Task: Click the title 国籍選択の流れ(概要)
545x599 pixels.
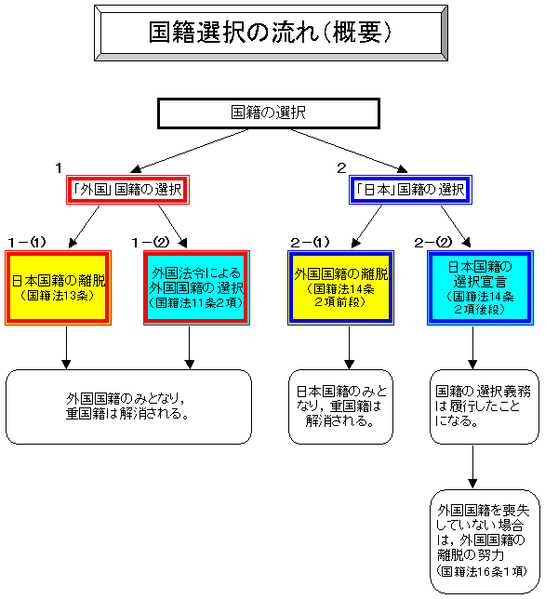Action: [x=271, y=33]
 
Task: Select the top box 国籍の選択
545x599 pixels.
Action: [x=269, y=113]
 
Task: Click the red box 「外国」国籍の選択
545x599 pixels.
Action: [x=127, y=190]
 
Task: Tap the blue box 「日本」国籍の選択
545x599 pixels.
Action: [x=410, y=190]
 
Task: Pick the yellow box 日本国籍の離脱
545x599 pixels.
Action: [x=58, y=288]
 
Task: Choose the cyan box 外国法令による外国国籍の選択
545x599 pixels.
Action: [x=196, y=288]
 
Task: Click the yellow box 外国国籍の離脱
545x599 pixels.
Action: [x=340, y=288]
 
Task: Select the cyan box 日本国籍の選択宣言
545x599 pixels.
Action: [x=480, y=288]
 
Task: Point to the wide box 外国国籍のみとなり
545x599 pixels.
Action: [x=128, y=406]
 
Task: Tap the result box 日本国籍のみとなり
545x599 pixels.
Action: [x=340, y=406]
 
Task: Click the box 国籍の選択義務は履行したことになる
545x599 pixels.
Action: [x=485, y=406]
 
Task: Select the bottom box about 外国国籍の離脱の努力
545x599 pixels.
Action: [x=485, y=541]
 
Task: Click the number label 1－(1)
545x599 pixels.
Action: [x=27, y=242]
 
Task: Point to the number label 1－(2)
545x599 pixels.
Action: [x=151, y=242]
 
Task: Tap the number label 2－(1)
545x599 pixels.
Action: [x=310, y=242]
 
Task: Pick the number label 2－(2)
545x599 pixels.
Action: [x=433, y=242]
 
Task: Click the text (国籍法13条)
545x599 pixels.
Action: [x=58, y=296]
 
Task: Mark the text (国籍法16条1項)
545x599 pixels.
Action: [x=482, y=571]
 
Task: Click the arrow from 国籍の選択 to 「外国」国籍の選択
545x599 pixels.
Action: [x=190, y=151]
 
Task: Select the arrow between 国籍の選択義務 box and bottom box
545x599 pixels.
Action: [x=472, y=466]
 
